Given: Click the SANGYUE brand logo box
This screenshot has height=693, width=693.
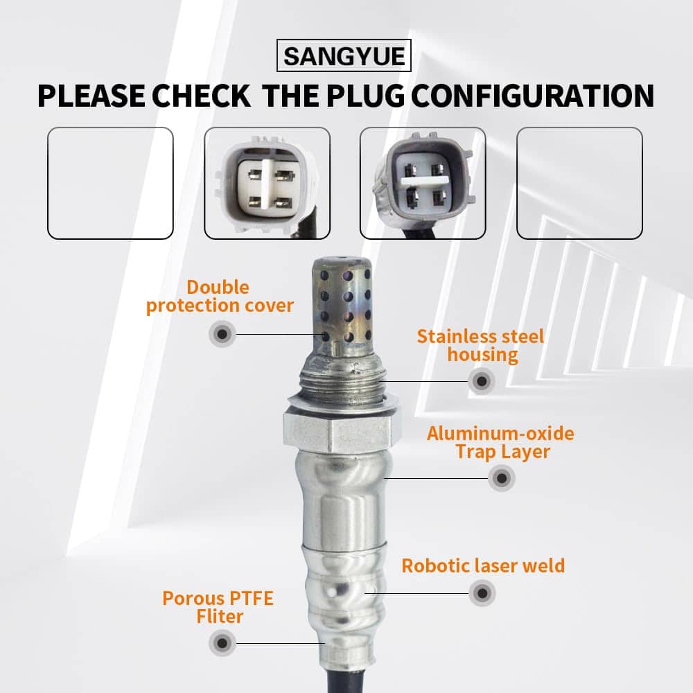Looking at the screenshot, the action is pyautogui.click(x=344, y=55).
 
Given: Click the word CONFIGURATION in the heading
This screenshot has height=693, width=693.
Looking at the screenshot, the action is pyautogui.click(x=532, y=96).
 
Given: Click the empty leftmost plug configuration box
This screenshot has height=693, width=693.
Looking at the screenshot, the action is pyautogui.click(x=110, y=183).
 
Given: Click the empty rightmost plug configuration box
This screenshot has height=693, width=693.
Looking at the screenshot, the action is pyautogui.click(x=579, y=183).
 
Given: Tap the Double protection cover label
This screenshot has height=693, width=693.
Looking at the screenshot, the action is pyautogui.click(x=220, y=297).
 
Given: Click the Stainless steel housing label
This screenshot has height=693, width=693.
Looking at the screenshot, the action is pyautogui.click(x=481, y=346).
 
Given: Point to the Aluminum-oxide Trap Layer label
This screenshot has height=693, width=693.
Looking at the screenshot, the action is pyautogui.click(x=501, y=442).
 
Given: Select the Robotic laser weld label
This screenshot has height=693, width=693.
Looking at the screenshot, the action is pyautogui.click(x=483, y=565).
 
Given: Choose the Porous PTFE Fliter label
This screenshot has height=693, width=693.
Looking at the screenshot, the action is pyautogui.click(x=218, y=607).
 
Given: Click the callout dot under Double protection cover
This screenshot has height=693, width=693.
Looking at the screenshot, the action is pyautogui.click(x=222, y=334).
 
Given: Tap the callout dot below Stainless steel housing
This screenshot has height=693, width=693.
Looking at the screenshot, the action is pyautogui.click(x=482, y=381).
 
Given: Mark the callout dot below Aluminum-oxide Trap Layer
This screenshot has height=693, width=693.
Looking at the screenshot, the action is pyautogui.click(x=502, y=477).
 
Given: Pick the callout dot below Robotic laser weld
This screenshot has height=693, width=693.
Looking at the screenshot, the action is pyautogui.click(x=482, y=593).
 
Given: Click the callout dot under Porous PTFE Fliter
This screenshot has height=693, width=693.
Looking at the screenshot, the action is pyautogui.click(x=222, y=643).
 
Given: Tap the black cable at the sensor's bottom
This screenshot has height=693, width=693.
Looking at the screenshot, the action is pyautogui.click(x=346, y=681).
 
